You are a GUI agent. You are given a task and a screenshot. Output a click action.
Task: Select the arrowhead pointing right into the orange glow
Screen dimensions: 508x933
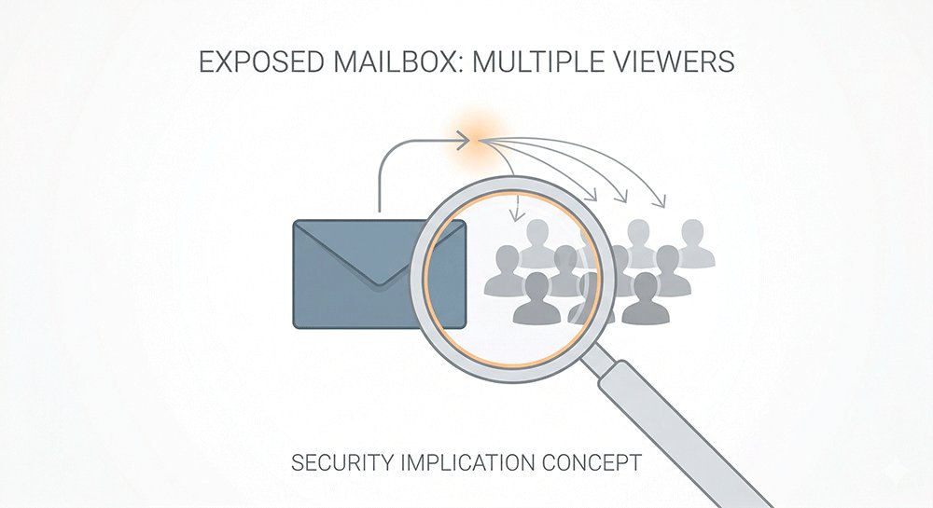[462, 140]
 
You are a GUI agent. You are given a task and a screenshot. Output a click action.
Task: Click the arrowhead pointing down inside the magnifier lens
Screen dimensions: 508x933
[514, 217]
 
